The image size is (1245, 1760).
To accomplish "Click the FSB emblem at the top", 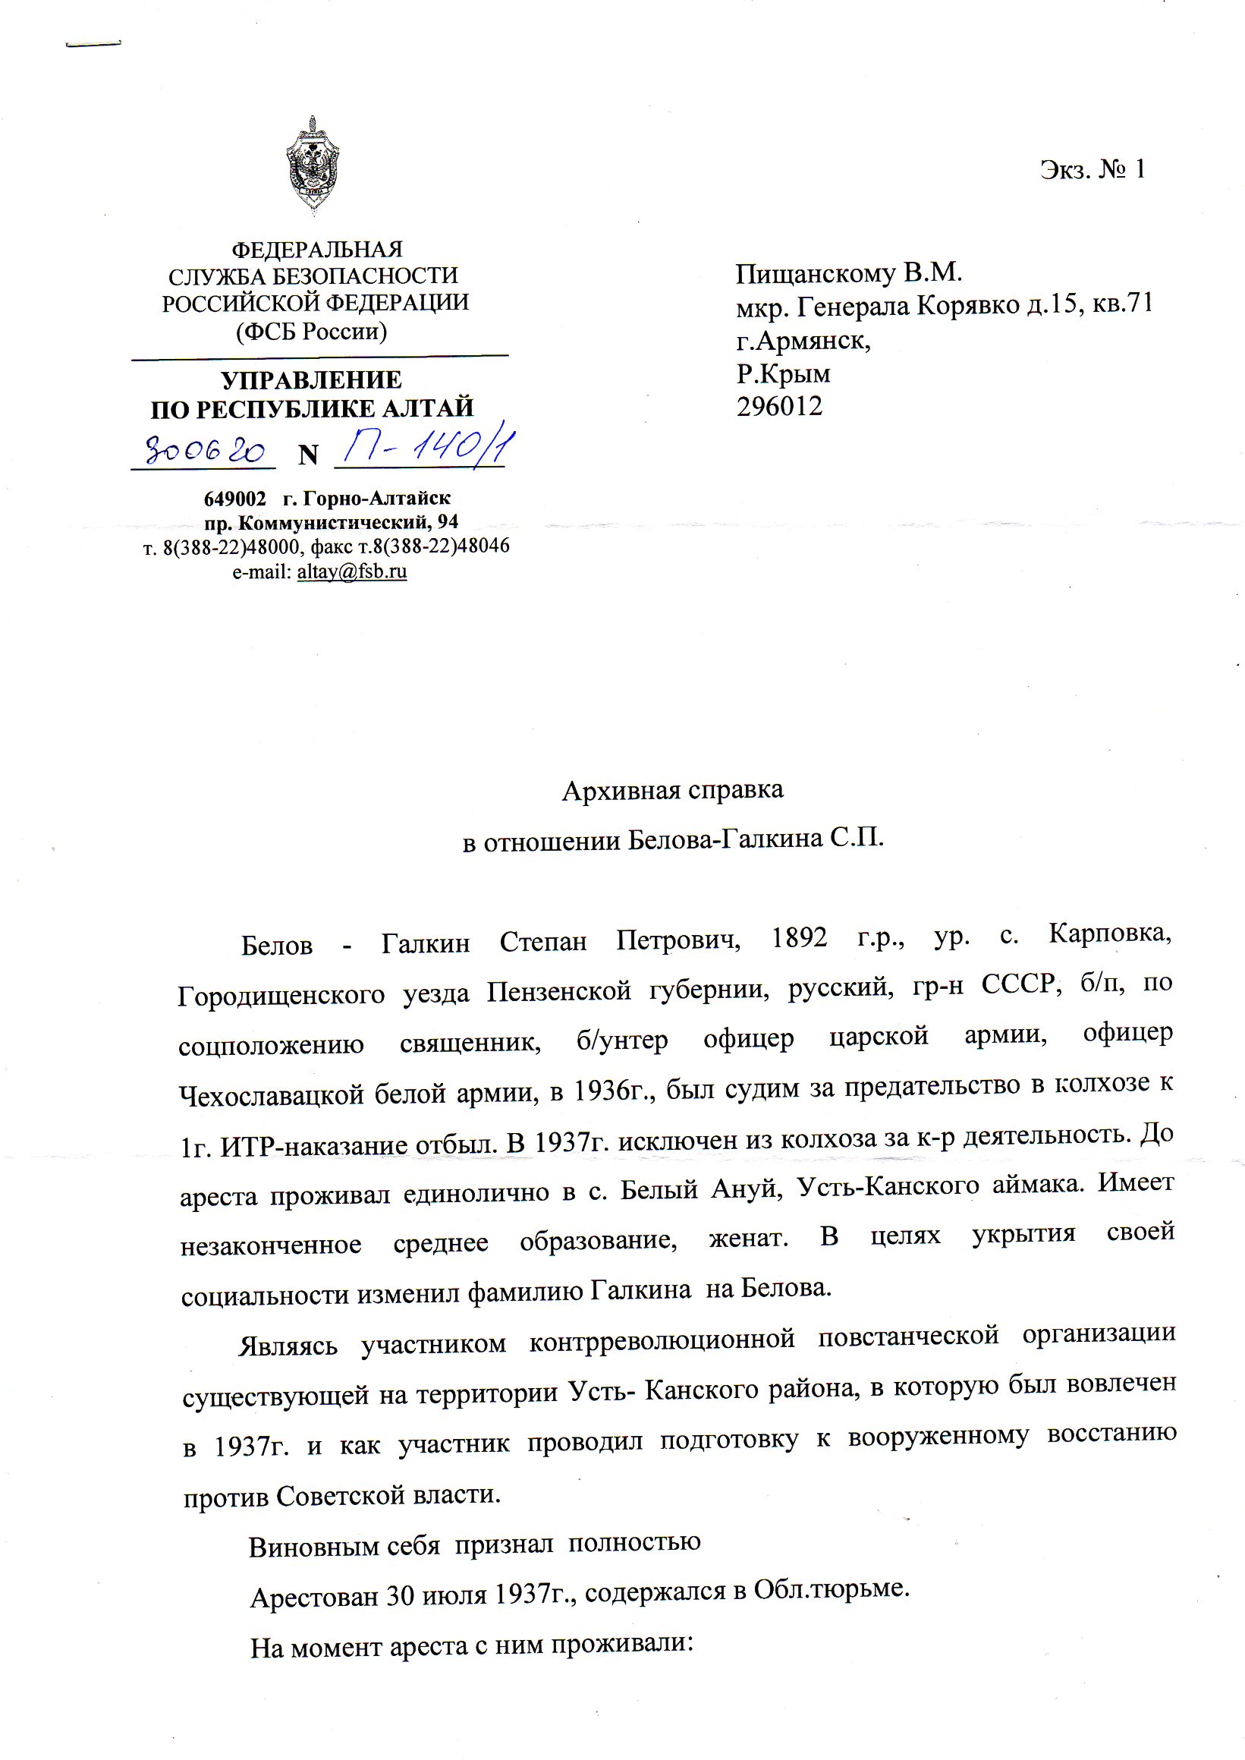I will [x=312, y=165].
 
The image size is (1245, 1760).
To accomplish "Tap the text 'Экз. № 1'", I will [x=1093, y=169].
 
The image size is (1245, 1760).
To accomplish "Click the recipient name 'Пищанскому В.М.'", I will [x=849, y=273].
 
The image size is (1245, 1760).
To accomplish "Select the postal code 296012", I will [x=780, y=407].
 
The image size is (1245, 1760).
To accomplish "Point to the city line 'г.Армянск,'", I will [x=803, y=340].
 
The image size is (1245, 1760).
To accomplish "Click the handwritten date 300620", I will [x=205, y=452].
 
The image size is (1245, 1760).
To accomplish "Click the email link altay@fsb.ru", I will [x=352, y=571].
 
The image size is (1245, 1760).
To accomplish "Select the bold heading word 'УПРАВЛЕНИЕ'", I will [x=311, y=380].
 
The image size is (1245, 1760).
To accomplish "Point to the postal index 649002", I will [x=234, y=499].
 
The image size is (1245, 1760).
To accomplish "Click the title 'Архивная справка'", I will [x=672, y=790].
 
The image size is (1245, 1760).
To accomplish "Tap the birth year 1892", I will [x=799, y=938].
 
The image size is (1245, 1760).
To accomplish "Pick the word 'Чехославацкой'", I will [x=271, y=1094].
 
